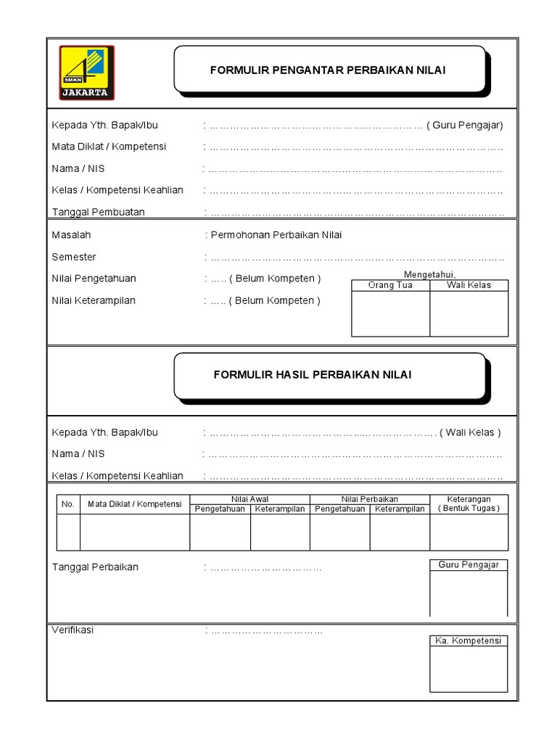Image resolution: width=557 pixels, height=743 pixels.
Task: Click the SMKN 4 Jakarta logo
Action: [86, 73]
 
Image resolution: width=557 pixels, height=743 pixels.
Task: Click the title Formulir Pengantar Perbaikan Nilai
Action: [328, 70]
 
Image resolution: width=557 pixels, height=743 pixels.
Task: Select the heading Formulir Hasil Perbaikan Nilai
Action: [313, 374]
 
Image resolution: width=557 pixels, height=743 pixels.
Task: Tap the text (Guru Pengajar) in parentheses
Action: [465, 125]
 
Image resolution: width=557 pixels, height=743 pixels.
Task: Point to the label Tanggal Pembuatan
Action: [99, 212]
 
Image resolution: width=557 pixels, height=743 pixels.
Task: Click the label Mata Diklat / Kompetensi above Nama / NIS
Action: [109, 147]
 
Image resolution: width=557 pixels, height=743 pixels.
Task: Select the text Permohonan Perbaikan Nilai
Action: [276, 235]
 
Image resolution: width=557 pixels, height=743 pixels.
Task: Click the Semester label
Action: [74, 257]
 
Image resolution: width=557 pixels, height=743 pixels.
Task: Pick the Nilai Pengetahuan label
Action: [94, 279]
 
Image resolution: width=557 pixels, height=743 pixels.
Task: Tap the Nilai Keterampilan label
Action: [94, 300]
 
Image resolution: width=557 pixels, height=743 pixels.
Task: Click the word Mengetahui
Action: [429, 274]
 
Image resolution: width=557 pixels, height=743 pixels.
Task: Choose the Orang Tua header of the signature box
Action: [390, 285]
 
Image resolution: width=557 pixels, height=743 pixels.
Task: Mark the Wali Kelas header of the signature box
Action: [469, 285]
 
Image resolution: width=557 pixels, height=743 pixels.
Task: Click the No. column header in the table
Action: [68, 504]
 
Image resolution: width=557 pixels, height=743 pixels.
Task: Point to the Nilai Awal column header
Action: [249, 499]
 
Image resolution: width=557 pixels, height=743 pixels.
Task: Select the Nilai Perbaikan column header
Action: [370, 499]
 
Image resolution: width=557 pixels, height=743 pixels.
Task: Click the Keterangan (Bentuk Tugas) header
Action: [469, 504]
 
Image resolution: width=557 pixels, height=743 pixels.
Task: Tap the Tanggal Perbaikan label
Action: [95, 567]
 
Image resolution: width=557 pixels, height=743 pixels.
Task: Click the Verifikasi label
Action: [73, 630]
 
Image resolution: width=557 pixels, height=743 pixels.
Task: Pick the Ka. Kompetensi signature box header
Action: [469, 641]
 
